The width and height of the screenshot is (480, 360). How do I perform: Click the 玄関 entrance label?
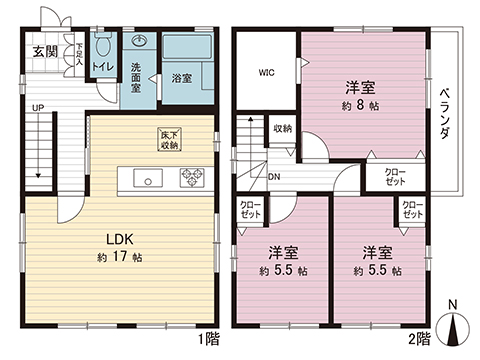[40, 51]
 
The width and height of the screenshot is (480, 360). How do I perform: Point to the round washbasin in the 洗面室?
[139, 42]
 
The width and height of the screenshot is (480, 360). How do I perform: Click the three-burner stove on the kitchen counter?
[191, 179]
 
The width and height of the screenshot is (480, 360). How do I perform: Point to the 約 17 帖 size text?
[121, 256]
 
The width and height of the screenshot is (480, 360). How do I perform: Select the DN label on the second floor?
[274, 178]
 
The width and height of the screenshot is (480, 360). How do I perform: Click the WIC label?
[266, 72]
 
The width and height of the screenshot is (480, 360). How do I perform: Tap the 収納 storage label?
[282, 129]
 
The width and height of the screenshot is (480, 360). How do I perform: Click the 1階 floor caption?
[208, 339]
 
